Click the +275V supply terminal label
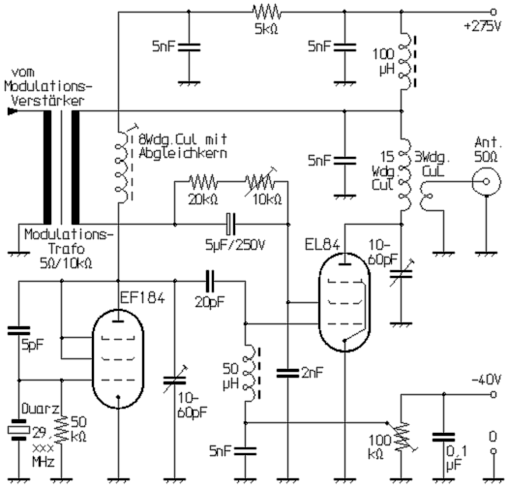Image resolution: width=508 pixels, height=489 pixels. click(x=482, y=27)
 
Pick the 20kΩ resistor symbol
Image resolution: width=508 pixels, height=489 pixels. click(x=203, y=182)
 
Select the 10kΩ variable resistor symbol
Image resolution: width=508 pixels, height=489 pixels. click(x=261, y=182)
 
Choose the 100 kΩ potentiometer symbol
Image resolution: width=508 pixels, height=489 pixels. click(x=402, y=434)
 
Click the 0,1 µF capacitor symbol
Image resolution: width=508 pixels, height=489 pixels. click(x=443, y=438)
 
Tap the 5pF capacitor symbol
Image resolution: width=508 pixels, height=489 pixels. click(x=19, y=332)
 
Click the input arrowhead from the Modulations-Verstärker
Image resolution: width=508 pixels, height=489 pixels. click(x=12, y=111)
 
